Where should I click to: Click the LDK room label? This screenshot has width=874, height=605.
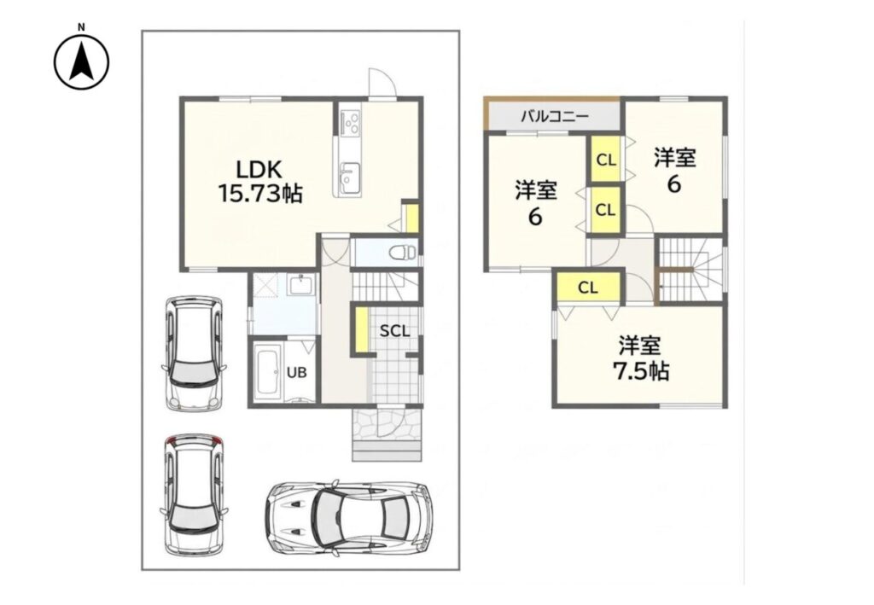[x=259, y=169]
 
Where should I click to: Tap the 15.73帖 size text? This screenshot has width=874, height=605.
[x=259, y=194]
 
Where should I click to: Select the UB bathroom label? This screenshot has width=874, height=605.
[x=296, y=372]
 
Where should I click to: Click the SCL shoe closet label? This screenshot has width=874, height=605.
[x=394, y=331]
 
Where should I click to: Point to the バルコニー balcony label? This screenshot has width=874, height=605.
[x=555, y=117]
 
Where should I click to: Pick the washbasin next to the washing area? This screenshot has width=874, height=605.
[x=301, y=287]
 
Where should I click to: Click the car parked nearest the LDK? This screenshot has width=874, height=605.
[x=194, y=353]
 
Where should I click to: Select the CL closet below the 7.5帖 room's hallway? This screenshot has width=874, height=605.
[x=588, y=288]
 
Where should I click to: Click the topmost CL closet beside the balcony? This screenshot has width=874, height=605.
[x=606, y=160]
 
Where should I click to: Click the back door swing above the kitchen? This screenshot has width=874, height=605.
[x=382, y=83]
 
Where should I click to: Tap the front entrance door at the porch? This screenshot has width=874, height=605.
[x=386, y=423]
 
